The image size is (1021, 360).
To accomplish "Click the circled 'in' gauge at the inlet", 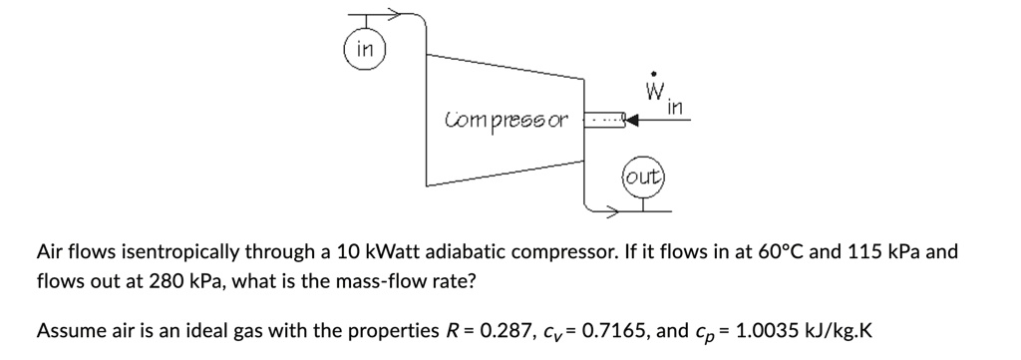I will (365, 48).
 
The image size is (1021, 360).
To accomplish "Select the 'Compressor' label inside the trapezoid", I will (506, 121).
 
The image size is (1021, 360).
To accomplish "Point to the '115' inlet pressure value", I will (866, 251).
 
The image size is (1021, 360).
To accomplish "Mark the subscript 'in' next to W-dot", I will (675, 107).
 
